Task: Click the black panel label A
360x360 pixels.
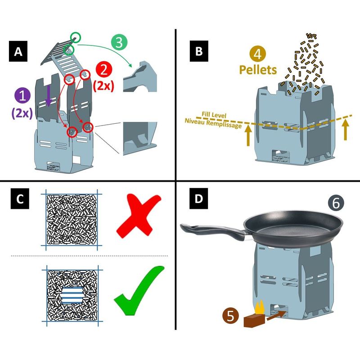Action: [x=18, y=51]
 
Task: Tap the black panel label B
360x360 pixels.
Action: [x=199, y=51]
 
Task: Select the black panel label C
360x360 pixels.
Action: [x=20, y=198]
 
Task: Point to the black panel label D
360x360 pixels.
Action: [x=198, y=198]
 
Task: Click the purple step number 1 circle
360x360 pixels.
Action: [x=22, y=96]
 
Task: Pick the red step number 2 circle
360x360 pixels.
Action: [x=104, y=70]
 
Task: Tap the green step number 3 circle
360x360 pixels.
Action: [x=119, y=42]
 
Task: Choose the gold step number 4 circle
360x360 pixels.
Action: [x=257, y=54]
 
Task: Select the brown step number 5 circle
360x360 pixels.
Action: [x=230, y=316]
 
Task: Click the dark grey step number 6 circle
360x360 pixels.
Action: [x=336, y=203]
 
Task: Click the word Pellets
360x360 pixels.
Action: [x=258, y=70]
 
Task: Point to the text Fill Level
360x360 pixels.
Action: [x=214, y=115]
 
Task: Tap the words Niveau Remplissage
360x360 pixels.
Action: [x=213, y=123]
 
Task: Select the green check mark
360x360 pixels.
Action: [x=139, y=290]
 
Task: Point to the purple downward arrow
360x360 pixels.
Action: [x=48, y=96]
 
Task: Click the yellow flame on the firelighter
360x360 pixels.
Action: [x=259, y=307]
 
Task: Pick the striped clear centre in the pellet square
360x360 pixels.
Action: [x=72, y=296]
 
